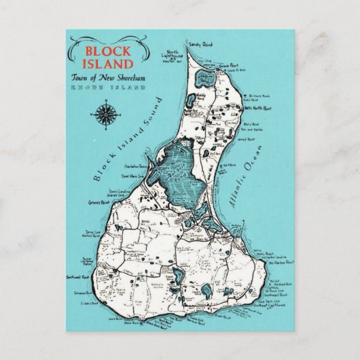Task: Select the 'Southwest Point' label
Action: [x=88, y=277]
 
